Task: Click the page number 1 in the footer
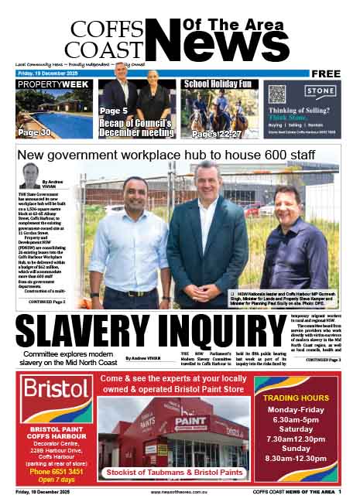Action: (x=350, y=491)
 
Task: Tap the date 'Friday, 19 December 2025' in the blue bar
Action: (x=48, y=73)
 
